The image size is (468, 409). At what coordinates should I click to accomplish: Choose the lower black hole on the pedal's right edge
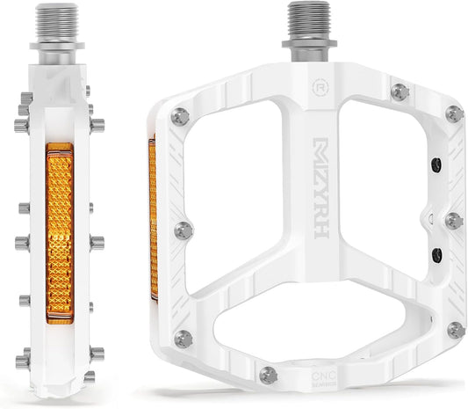[x=436, y=255]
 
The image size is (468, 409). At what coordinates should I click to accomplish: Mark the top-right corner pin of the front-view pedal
[x=454, y=113]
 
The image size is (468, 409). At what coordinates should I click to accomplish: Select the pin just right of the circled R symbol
[x=399, y=90]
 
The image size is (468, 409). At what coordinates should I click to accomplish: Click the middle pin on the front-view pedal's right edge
[x=454, y=219]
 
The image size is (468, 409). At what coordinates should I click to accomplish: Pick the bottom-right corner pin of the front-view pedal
[x=455, y=330]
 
